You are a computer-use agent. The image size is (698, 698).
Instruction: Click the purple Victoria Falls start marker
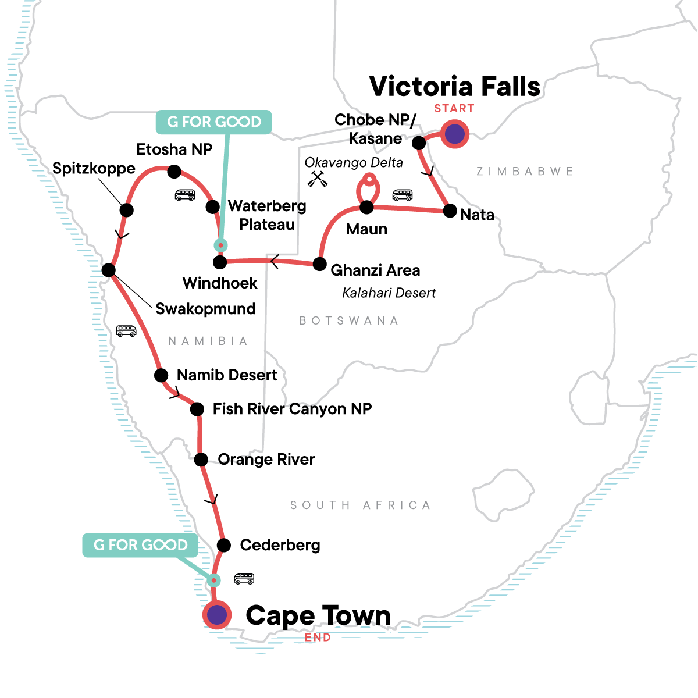pyautogui.click(x=454, y=134)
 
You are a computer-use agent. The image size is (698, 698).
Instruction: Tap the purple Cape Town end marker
pyautogui.click(x=217, y=615)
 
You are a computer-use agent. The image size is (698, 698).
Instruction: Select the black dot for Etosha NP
pyautogui.click(x=174, y=172)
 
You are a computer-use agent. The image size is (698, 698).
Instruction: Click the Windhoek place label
pyautogui.click(x=220, y=283)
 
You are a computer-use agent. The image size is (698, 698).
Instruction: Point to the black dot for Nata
pyautogui.click(x=450, y=211)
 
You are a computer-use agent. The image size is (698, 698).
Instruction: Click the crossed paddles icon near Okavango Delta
pyautogui.click(x=318, y=179)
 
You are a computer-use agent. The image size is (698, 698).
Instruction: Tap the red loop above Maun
pyautogui.click(x=368, y=187)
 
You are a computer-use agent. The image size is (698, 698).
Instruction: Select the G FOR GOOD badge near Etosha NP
pyautogui.click(x=213, y=122)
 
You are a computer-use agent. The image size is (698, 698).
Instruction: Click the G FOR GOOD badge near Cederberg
pyautogui.click(x=140, y=545)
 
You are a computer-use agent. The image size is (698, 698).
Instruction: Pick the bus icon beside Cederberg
pyautogui.click(x=244, y=578)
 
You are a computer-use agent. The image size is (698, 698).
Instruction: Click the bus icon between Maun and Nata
pyautogui.click(x=403, y=194)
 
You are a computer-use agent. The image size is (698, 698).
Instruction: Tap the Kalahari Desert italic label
pyautogui.click(x=389, y=293)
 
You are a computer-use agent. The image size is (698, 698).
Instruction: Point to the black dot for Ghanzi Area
pyautogui.click(x=319, y=264)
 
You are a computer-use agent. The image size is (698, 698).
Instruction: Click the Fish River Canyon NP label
pyautogui.click(x=292, y=409)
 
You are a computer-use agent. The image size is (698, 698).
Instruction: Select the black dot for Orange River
pyautogui.click(x=201, y=460)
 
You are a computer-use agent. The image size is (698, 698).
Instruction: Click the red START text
pyautogui.click(x=454, y=109)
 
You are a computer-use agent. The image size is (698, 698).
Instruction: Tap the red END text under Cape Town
pyautogui.click(x=318, y=638)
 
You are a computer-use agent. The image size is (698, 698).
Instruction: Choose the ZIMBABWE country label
pyautogui.click(x=525, y=172)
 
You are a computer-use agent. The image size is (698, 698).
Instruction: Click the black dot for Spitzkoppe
pyautogui.click(x=126, y=210)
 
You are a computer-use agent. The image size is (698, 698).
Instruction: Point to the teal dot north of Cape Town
pyautogui.click(x=214, y=580)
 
